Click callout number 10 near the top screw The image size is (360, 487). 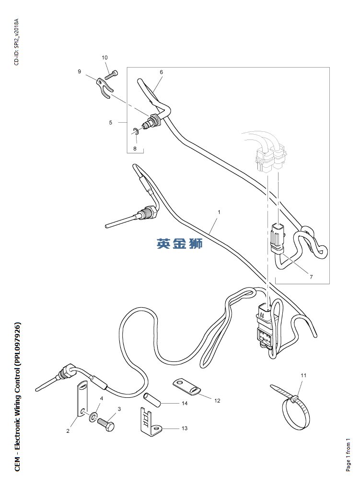(x=105, y=58)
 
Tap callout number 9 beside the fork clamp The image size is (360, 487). (x=80, y=71)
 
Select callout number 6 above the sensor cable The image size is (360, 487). (x=162, y=72)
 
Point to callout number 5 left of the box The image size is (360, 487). (x=110, y=122)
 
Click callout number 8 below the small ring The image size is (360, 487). (x=135, y=149)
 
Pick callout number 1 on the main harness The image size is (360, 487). (x=219, y=211)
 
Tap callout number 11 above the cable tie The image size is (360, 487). (x=303, y=375)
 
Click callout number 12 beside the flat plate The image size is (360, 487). (x=217, y=400)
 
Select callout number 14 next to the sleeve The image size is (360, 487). (x=184, y=404)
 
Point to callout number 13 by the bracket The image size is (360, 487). (x=185, y=428)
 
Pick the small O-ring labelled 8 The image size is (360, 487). (x=136, y=131)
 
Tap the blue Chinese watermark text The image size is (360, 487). (x=180, y=243)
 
